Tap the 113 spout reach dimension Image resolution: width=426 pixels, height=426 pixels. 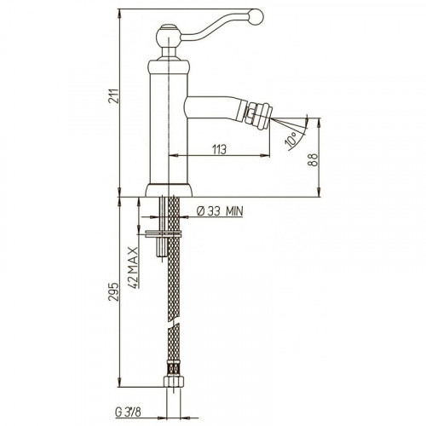pos(220,149)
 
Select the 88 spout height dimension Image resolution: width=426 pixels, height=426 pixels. pos(314,159)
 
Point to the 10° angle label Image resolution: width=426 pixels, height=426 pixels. pos(292,141)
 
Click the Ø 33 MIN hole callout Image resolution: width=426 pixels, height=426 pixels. pos(220,211)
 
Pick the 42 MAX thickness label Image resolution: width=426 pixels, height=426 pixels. pos(133,268)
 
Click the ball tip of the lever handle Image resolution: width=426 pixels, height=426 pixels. pos(256,15)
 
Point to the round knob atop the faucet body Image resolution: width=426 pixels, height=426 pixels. pos(169,37)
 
